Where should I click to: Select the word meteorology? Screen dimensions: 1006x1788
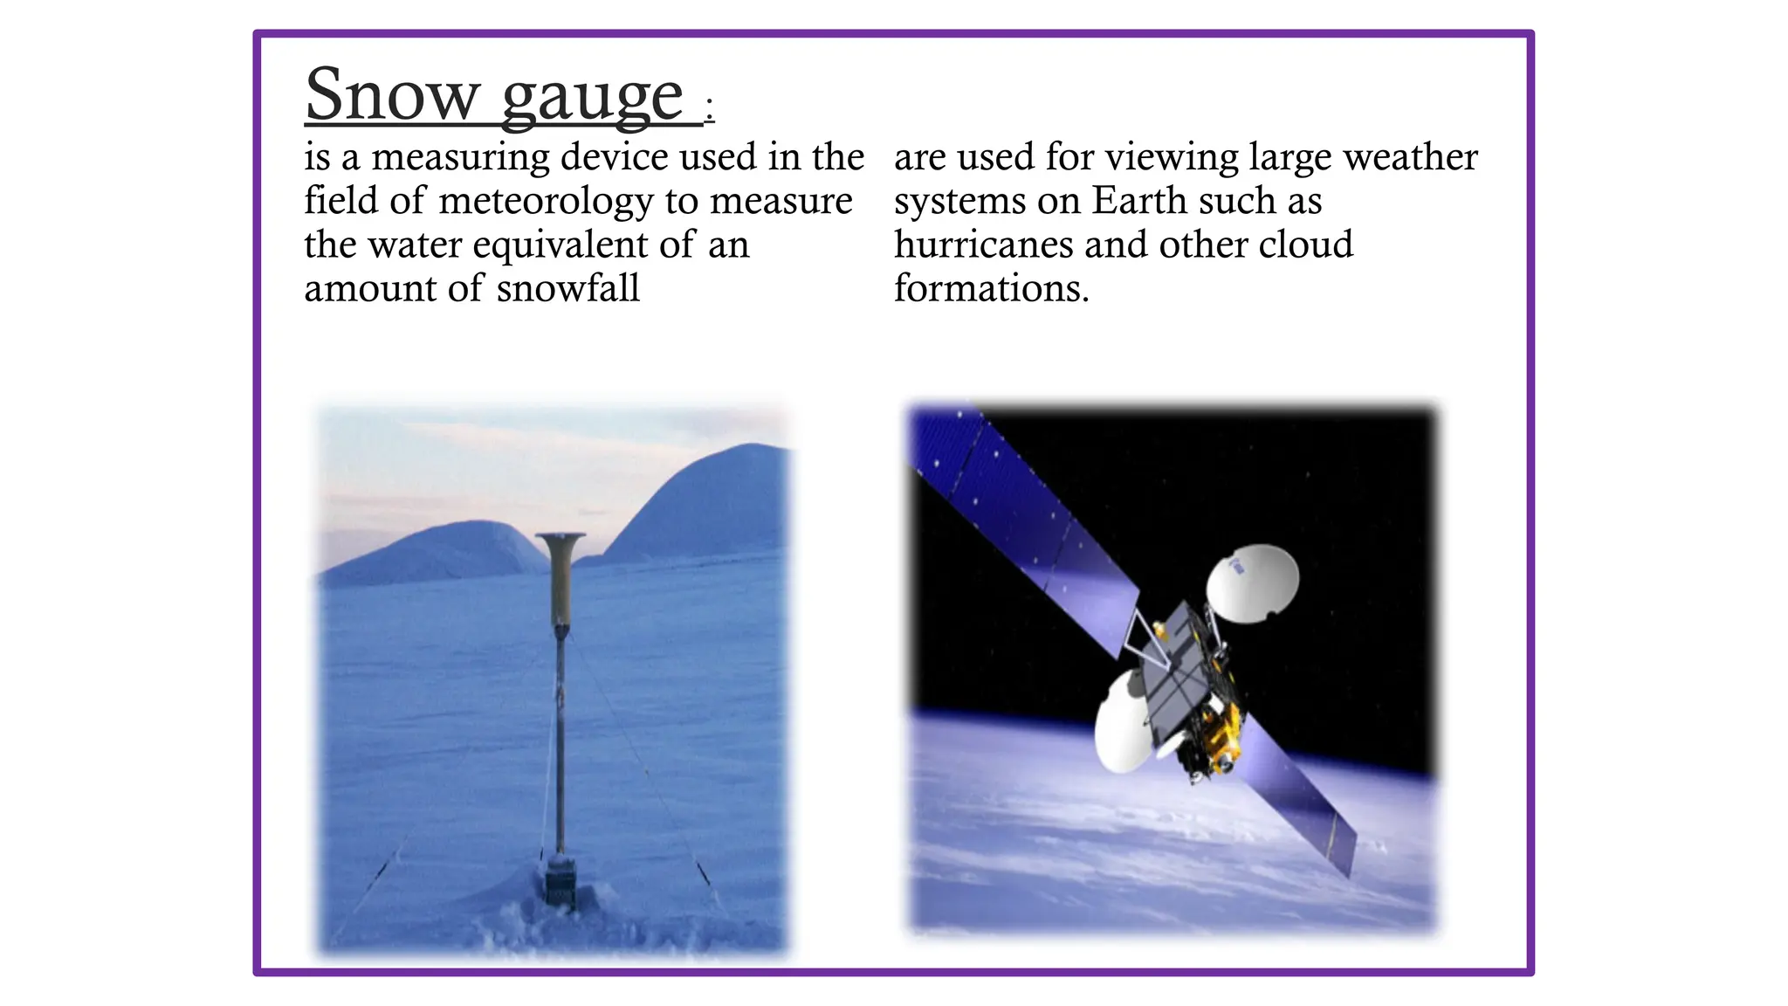click(x=546, y=202)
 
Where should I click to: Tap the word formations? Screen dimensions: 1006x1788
click(x=991, y=288)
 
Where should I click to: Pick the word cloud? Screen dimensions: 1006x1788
click(x=1305, y=245)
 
